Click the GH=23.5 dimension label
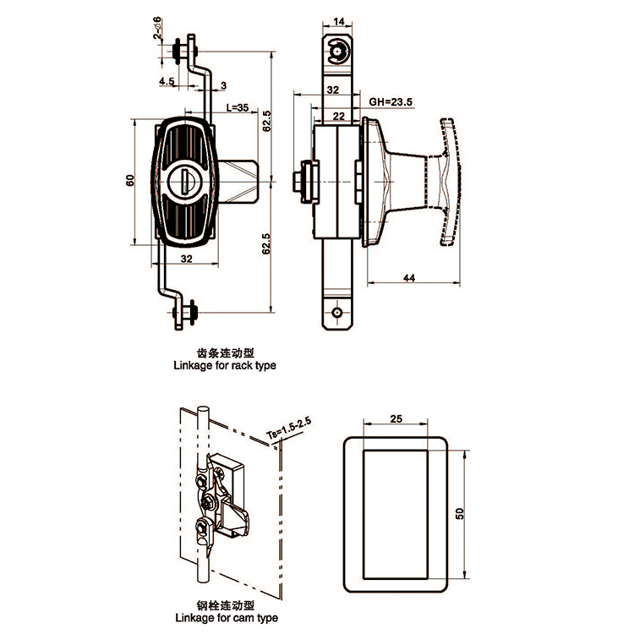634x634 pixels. pos(391,102)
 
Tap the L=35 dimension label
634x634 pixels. pos(238,107)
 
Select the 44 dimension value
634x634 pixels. pos(409,278)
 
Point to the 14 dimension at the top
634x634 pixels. pos(339,21)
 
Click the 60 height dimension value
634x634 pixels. pos(130,180)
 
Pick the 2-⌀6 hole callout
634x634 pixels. pos(157,28)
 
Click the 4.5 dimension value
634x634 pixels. pos(167,81)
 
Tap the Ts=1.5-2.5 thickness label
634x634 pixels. pos(289,429)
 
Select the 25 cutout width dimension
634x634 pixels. pos(396,418)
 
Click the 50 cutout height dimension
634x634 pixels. pos(460,513)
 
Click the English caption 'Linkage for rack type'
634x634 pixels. pos(225,365)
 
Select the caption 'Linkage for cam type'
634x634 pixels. pos(227,617)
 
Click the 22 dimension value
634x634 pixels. pos(339,117)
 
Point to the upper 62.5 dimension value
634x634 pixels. pos(266,121)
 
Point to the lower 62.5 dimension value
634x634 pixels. pos(266,243)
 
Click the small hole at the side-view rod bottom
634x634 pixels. pos(336,313)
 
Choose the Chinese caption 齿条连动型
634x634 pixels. pos(225,353)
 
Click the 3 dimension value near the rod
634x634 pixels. pos(224,85)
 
